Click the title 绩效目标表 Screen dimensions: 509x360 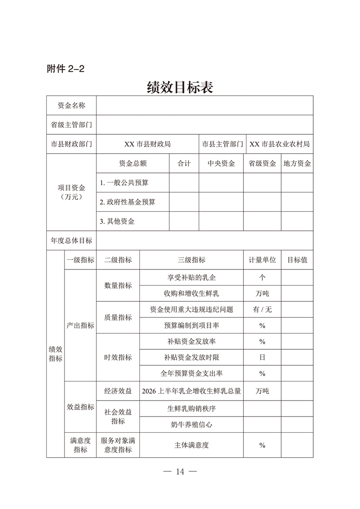[x=180, y=87]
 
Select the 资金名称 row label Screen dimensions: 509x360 [x=71, y=106]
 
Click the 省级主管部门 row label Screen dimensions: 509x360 [x=71, y=125]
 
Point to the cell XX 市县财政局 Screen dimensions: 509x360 [x=148, y=144]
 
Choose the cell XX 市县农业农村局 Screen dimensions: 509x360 [x=280, y=144]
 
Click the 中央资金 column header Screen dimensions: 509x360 [x=221, y=164]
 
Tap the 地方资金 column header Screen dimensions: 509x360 [x=297, y=164]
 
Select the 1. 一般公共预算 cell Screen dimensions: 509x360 [x=124, y=183]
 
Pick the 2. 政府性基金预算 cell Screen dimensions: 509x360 [x=128, y=202]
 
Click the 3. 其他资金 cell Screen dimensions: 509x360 [x=117, y=221]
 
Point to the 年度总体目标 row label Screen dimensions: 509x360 [x=71, y=240]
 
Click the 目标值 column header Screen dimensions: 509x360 [x=297, y=260]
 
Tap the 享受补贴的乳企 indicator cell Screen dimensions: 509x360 [x=191, y=277]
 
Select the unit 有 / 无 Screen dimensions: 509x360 [x=262, y=309]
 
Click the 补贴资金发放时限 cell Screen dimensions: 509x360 [x=191, y=357]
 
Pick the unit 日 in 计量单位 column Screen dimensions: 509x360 [x=262, y=357]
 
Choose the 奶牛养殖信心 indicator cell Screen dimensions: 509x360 [x=191, y=425]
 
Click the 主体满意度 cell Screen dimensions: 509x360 [x=191, y=445]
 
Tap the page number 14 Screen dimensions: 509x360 [x=180, y=472]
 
